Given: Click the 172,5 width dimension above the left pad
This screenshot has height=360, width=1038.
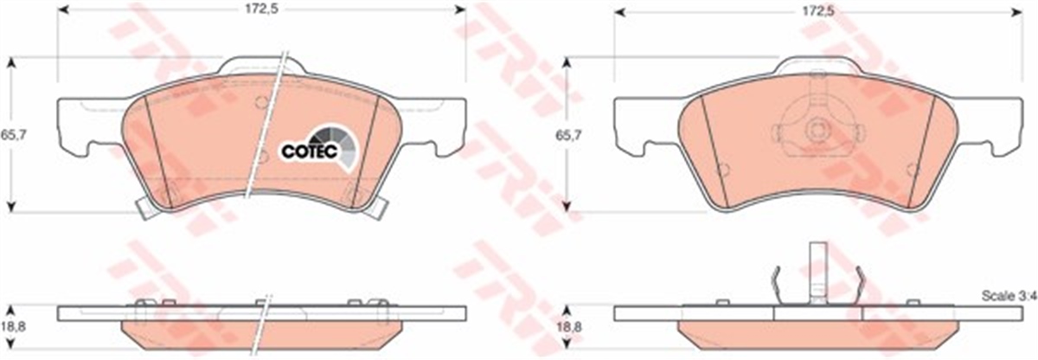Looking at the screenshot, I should click(261, 11).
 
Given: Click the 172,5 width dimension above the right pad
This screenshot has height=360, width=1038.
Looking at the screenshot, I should click(817, 11).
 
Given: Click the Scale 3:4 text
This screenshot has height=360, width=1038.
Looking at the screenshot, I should click(1007, 297).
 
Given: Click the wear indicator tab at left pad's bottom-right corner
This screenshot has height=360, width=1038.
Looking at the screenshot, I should click(376, 205).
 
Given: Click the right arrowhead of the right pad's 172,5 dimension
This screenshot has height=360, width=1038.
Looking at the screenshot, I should click(1018, 11).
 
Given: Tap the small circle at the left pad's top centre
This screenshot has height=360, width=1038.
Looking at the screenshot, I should click(261, 102).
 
